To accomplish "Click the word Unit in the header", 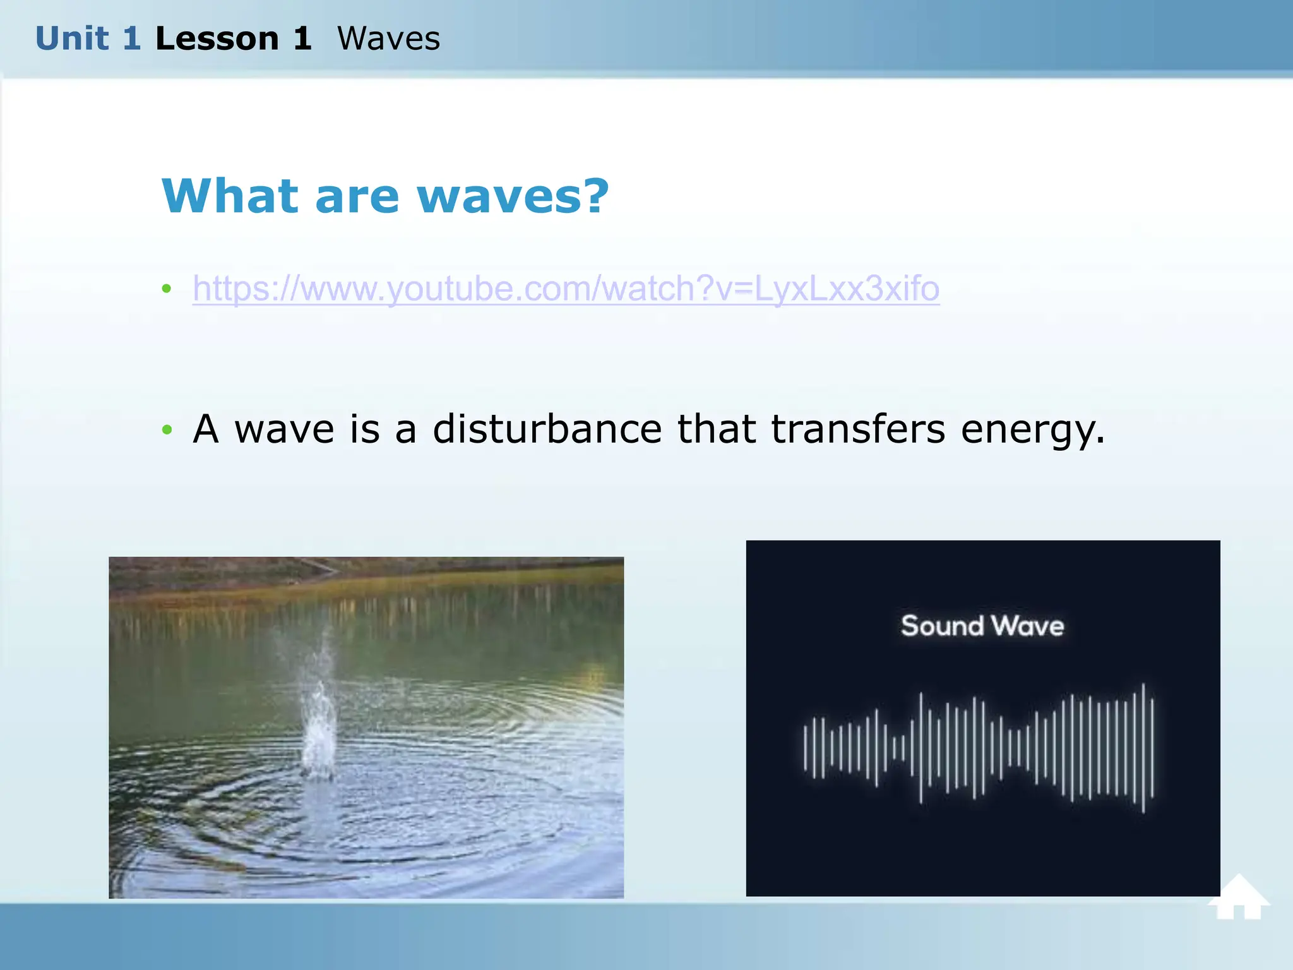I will pyautogui.click(x=71, y=39).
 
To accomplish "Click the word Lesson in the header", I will pyautogui.click(x=217, y=39).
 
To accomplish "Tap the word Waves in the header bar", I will pyautogui.click(x=388, y=39).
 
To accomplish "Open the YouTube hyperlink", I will pyautogui.click(x=566, y=289).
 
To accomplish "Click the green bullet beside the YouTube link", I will pyautogui.click(x=167, y=289).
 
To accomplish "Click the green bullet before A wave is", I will pyautogui.click(x=167, y=430).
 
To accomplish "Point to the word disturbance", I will pyautogui.click(x=547, y=429).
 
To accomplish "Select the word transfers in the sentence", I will pyautogui.click(x=858, y=429).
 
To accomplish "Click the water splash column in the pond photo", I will pyautogui.click(x=319, y=726).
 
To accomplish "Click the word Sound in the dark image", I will pyautogui.click(x=942, y=626).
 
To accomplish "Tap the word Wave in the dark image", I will pyautogui.click(x=1028, y=626).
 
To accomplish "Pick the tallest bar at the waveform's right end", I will pyautogui.click(x=1143, y=748).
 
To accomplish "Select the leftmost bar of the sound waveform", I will pyautogui.click(x=805, y=748).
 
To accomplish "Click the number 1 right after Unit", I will pyautogui.click(x=131, y=39).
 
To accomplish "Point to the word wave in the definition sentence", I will pyautogui.click(x=284, y=429).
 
